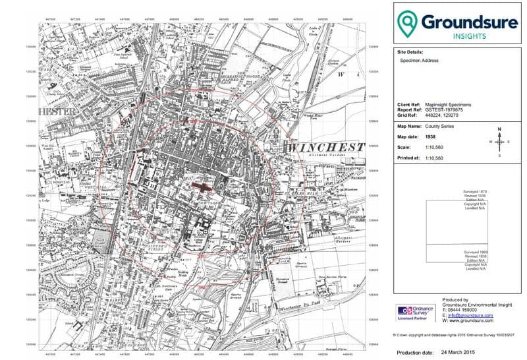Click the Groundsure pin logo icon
[410, 24]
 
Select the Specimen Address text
[419, 60]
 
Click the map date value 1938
[432, 136]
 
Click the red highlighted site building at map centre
[203, 188]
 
